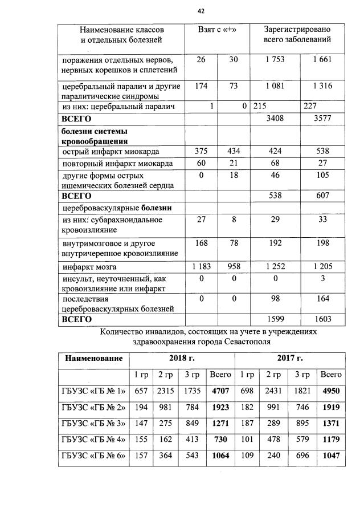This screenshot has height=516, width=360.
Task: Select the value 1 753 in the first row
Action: (275, 60)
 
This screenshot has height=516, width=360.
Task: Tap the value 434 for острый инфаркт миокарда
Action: (234, 152)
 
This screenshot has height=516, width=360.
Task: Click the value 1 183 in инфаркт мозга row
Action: (200, 267)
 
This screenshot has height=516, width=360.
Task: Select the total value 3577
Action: (322, 120)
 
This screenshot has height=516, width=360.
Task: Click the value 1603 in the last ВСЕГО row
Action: (322, 320)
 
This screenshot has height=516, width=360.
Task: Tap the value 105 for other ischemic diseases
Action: (322, 176)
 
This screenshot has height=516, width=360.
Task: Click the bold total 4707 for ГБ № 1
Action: (220, 391)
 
